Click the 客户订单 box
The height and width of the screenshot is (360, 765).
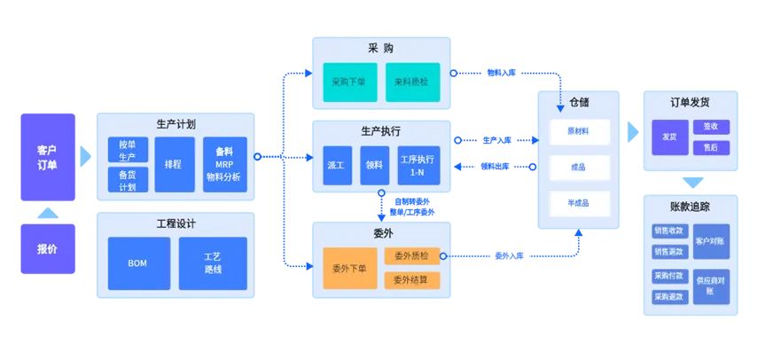tap(47, 157)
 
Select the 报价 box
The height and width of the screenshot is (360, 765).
tap(47, 249)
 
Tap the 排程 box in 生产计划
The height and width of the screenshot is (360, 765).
tap(175, 164)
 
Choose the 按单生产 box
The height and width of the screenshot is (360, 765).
tap(127, 151)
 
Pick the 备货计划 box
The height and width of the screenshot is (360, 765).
tap(127, 180)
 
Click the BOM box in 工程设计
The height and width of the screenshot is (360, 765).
tap(138, 263)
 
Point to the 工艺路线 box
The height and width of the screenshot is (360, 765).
tap(213, 263)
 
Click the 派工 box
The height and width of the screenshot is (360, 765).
tap(337, 165)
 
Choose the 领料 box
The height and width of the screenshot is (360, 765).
tap(375, 165)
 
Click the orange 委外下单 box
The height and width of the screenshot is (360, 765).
tap(349, 268)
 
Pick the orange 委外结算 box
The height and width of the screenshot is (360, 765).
tap(411, 279)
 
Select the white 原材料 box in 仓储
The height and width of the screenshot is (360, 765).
tap(579, 130)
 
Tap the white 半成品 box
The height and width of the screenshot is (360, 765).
tap(579, 202)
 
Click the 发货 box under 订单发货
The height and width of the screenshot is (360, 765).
tap(669, 137)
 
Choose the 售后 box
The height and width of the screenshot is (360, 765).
tap(710, 148)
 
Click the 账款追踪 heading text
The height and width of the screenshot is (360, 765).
tap(690, 207)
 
